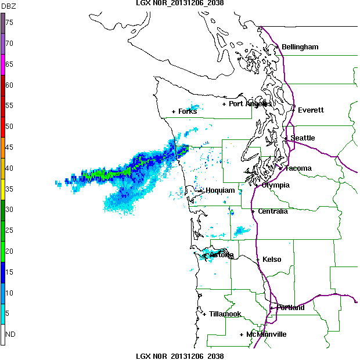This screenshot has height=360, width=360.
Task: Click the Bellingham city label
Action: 300,47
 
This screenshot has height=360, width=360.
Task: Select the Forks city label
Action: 188,111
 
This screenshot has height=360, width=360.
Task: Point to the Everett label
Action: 311,110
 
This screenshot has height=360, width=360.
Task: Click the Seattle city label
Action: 303,138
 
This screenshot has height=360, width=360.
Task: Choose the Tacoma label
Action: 298,168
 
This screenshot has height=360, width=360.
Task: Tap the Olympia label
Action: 275,185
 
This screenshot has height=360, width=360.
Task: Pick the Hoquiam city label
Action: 220,190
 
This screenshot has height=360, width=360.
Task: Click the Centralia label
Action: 273,211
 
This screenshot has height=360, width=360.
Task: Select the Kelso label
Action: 272,260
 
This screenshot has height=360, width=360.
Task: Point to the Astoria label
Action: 221,255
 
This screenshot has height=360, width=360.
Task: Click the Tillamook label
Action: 225,314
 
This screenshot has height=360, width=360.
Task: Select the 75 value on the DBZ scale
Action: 10,22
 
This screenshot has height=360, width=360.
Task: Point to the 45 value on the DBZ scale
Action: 10,147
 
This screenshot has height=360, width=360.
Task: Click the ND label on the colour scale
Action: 10,334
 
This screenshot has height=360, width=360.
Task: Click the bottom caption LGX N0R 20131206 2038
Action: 180,356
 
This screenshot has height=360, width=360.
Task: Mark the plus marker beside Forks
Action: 174,111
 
